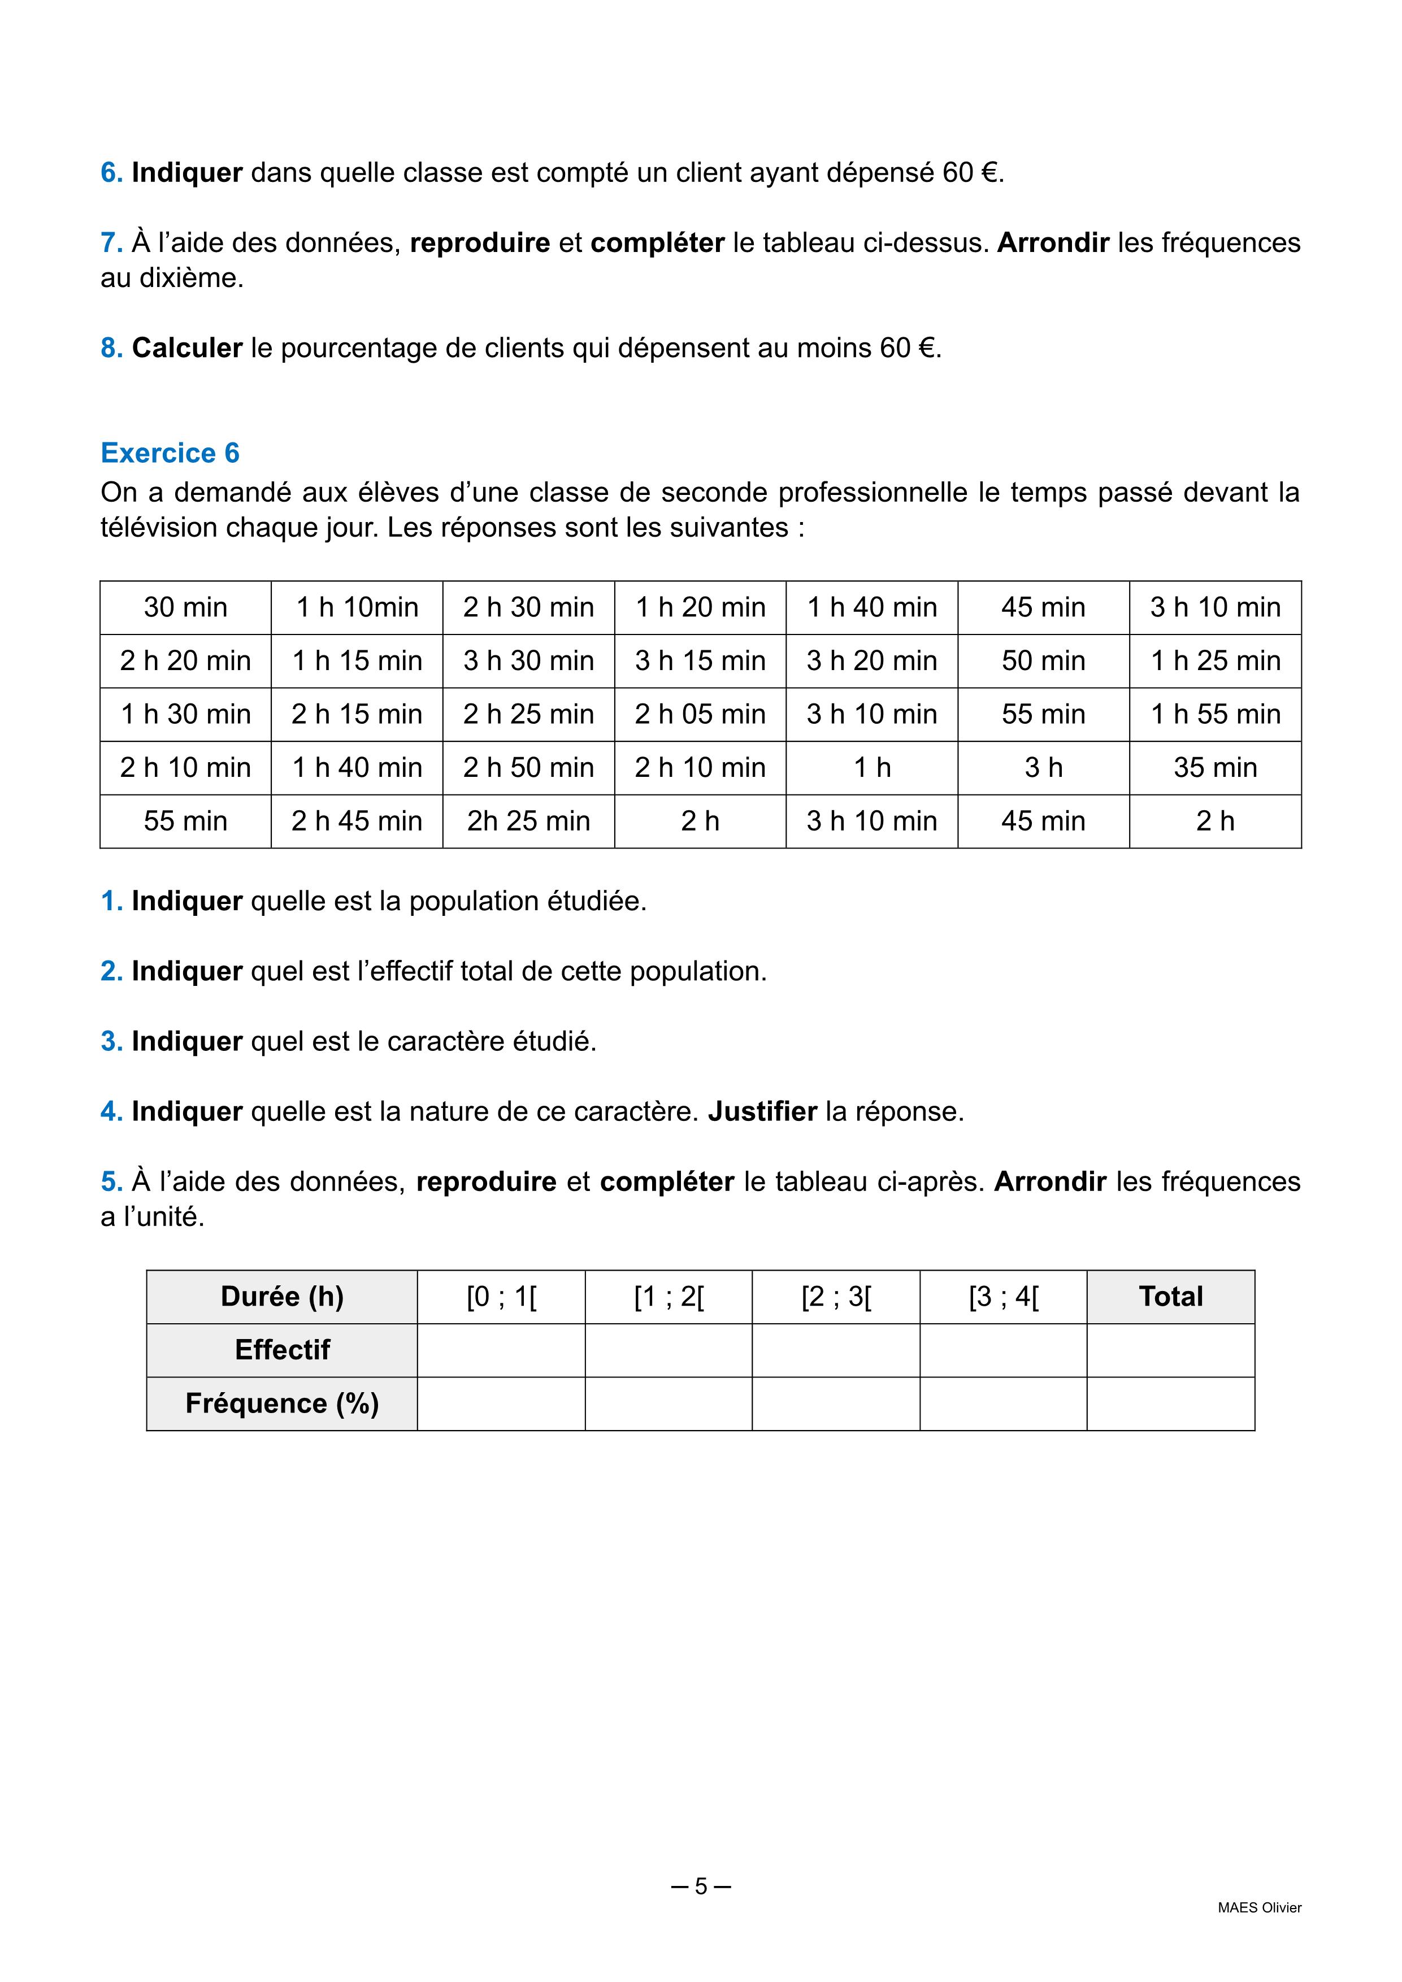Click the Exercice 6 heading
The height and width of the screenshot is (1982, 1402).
(x=170, y=453)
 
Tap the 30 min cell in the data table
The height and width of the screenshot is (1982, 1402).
(x=185, y=608)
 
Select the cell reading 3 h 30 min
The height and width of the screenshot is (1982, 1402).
(x=528, y=661)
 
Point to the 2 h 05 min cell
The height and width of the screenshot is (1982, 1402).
(x=700, y=715)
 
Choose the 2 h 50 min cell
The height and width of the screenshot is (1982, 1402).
(x=528, y=768)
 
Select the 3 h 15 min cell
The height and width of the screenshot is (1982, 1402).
(x=700, y=661)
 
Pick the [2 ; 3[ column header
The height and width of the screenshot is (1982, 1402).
(x=836, y=1297)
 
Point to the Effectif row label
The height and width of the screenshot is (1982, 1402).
(x=283, y=1350)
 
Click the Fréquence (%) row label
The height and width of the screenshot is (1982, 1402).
(x=283, y=1403)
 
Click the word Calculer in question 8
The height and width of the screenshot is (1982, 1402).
(x=186, y=348)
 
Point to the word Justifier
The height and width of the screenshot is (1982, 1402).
(x=762, y=1112)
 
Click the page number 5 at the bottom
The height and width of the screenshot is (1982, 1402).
(x=701, y=1887)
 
